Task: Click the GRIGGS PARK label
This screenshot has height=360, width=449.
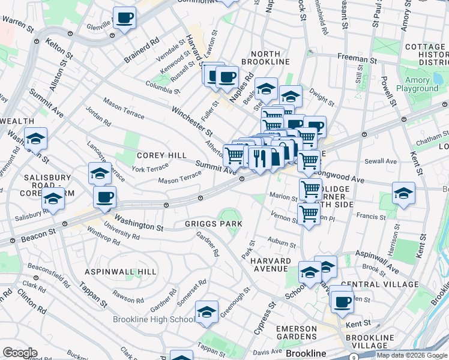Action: (213, 224)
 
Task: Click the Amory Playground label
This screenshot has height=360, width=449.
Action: (421, 85)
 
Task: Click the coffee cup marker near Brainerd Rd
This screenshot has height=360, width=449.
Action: (124, 18)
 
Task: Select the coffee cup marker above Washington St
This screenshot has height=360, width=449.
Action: (104, 196)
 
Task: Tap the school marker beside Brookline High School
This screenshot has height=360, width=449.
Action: (206, 312)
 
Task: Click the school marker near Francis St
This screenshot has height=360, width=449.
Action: (403, 193)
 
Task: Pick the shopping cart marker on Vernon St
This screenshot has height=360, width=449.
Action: (309, 214)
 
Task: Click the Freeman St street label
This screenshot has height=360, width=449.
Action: (357, 60)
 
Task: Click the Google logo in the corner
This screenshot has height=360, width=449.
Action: (20, 353)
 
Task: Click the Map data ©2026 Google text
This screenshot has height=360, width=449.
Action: (412, 355)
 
